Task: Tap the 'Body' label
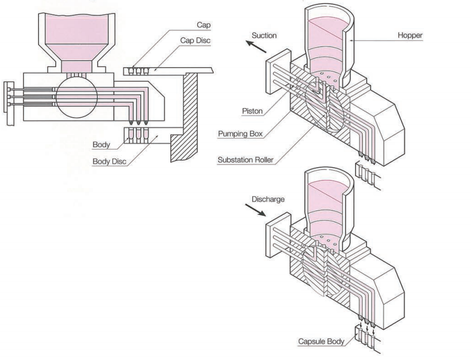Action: click(x=101, y=145)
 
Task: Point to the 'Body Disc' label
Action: click(x=109, y=161)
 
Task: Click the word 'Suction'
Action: click(x=264, y=35)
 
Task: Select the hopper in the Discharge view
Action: click(x=330, y=205)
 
